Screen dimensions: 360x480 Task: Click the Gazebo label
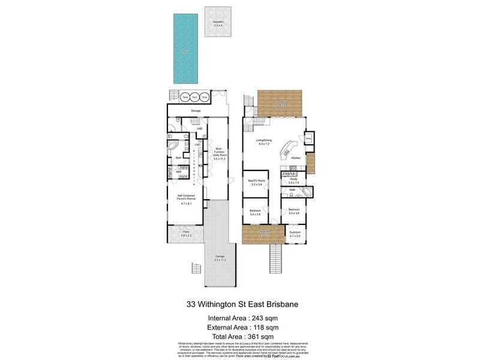(x=217, y=22)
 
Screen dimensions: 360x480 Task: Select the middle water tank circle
(x=194, y=97)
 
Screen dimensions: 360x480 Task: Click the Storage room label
(x=196, y=111)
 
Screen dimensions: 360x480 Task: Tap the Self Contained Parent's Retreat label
(x=185, y=199)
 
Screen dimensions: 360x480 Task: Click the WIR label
(x=178, y=172)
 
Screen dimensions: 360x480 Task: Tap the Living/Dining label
(x=265, y=141)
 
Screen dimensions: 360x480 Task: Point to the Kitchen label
(x=296, y=158)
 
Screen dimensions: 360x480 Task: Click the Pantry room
(x=308, y=138)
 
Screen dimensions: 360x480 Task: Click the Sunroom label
(x=295, y=233)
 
